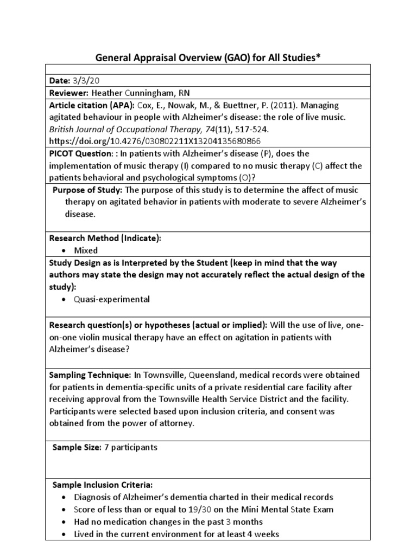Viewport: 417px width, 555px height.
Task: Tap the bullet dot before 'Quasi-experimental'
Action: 65,300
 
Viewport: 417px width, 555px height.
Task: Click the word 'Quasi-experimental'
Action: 112,300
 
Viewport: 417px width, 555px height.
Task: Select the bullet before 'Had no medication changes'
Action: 65,522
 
